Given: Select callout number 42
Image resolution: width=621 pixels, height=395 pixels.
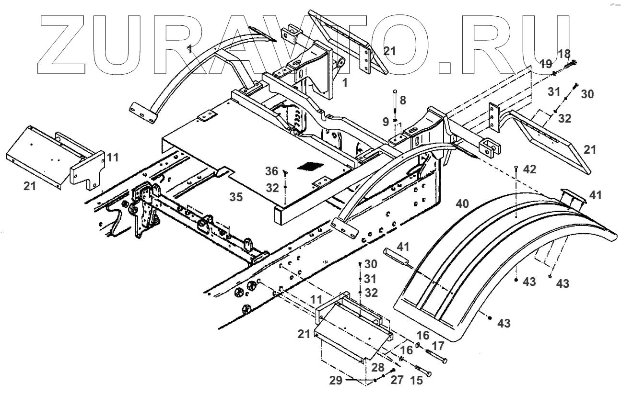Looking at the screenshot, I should pyautogui.click(x=530, y=169).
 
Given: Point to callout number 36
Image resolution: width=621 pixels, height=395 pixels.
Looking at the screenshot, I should pyautogui.click(x=272, y=171).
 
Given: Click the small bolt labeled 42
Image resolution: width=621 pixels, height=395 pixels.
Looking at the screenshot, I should pyautogui.click(x=516, y=168).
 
